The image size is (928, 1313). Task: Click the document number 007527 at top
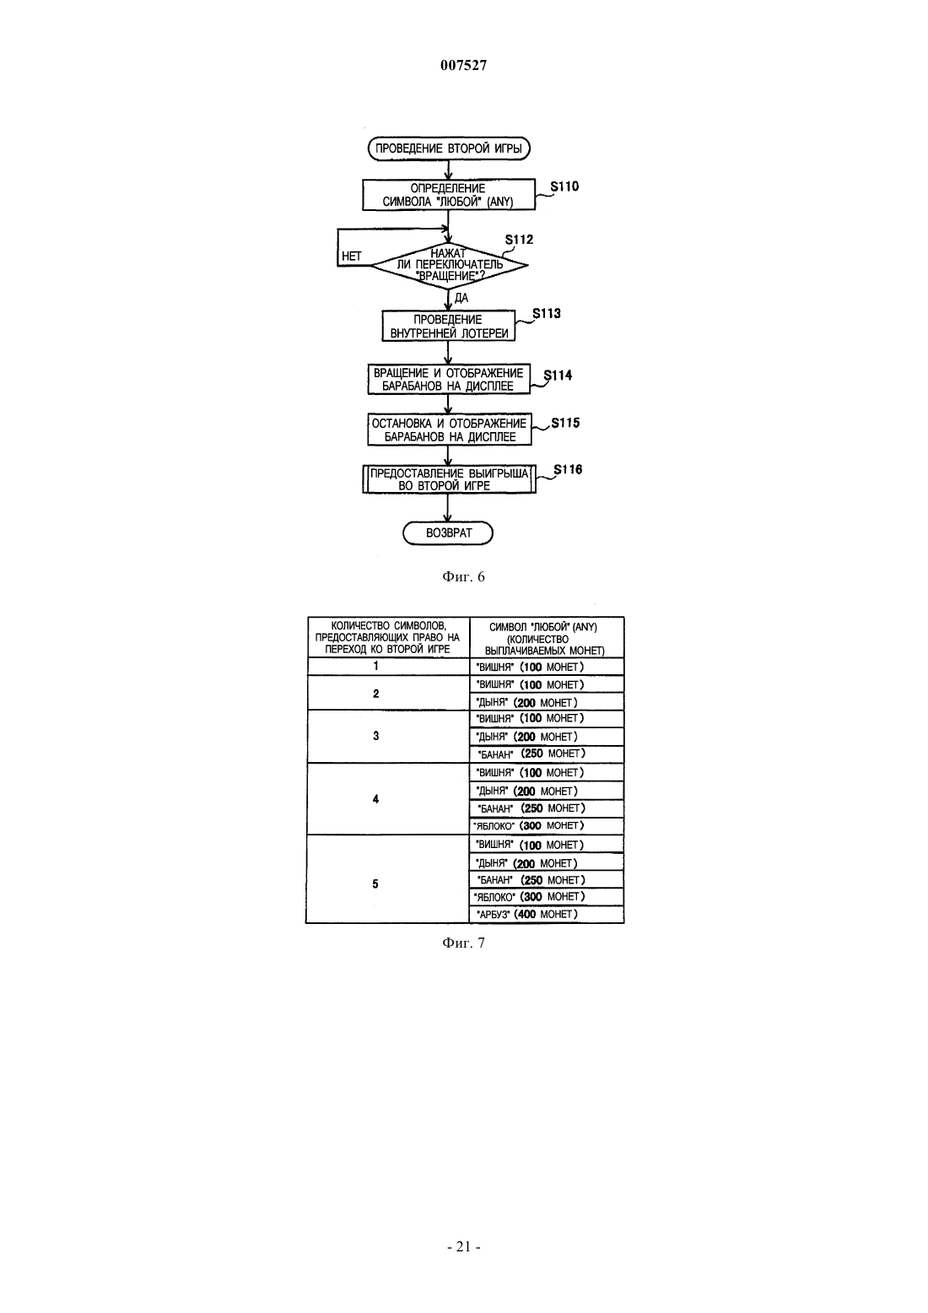pos(463,66)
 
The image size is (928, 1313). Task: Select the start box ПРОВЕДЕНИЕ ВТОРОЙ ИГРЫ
pos(449,149)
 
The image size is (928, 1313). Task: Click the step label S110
pos(564,186)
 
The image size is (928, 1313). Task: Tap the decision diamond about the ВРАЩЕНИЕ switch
pos(449,265)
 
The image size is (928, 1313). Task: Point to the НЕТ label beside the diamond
pos(352,257)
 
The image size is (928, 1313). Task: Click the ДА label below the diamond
pos(461,299)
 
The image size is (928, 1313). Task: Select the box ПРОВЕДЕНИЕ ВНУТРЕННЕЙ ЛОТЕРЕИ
pos(449,326)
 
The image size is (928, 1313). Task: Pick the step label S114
pos(558,376)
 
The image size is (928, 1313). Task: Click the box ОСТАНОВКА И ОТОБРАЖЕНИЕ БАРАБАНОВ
pos(450,430)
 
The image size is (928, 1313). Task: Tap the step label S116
pos(569,469)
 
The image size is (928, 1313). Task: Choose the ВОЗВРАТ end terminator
pos(448,533)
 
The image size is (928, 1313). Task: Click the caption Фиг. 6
pos(463,577)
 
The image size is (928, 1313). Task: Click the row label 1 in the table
pos(376,666)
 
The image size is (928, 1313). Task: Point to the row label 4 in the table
pos(376,799)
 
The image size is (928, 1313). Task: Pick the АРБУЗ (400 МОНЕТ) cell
pos(547,914)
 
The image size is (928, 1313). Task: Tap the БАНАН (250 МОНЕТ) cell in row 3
pos(547,754)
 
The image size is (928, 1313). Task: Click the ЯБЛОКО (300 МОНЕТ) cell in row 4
pos(547,826)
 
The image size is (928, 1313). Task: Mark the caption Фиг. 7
pos(463,943)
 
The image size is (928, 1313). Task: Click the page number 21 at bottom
pos(463,1246)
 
